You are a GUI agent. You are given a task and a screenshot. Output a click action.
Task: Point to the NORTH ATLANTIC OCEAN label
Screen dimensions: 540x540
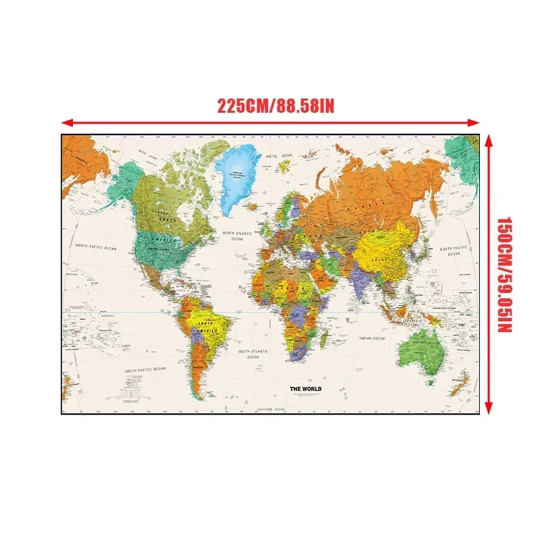point(237,236)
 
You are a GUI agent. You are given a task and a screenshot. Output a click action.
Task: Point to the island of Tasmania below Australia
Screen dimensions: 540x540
point(427,382)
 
